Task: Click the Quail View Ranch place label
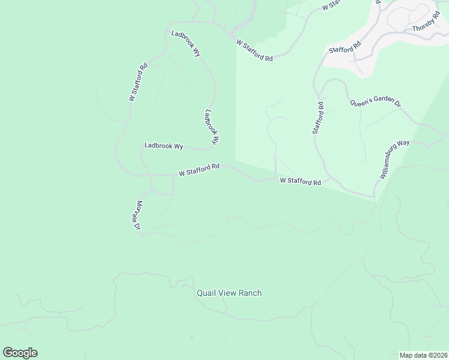coord(229,293)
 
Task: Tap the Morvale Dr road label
coord(137,215)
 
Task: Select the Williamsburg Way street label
coord(394,160)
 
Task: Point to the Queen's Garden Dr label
coord(375,103)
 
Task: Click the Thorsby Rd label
coord(426,27)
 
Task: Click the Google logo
coord(20,353)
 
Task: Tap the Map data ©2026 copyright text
coord(423,355)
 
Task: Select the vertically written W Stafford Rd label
coord(138,82)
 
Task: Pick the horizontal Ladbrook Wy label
coord(163,146)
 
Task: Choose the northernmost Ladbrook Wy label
coord(185,43)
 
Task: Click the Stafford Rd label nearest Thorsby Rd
coord(345,47)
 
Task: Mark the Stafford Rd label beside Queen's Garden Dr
coord(318,118)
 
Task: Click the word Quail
coord(206,293)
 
